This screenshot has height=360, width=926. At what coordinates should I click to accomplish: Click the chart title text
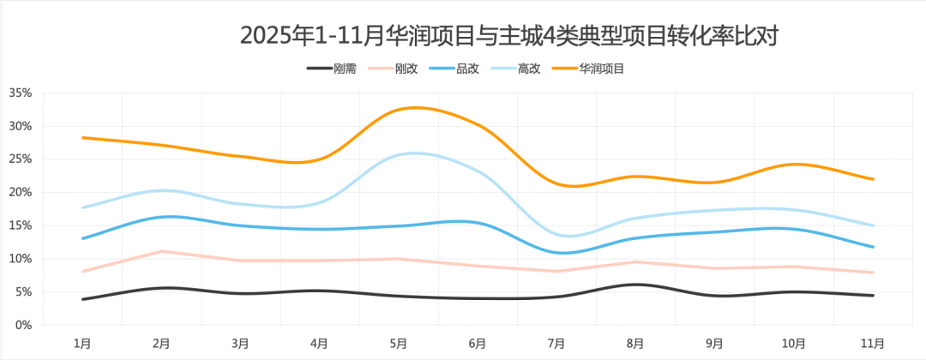point(513,35)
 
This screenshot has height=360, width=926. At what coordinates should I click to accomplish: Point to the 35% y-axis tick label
point(21,93)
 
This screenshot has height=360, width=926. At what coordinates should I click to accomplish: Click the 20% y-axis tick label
point(21,192)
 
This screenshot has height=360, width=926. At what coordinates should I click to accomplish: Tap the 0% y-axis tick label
point(24,325)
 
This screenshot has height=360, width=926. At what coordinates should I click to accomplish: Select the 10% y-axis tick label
point(21,259)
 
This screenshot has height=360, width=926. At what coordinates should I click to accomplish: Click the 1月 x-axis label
point(82,344)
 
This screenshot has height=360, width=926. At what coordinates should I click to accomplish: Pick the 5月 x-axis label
point(399,344)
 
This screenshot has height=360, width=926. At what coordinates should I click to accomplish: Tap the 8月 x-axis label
point(635,344)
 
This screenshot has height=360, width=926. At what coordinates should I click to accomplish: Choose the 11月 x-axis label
point(872,344)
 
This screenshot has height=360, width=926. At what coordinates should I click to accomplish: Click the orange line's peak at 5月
point(415,107)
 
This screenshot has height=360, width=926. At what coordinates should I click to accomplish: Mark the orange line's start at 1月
point(82,137)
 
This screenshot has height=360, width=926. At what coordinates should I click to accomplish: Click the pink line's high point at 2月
point(162,251)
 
